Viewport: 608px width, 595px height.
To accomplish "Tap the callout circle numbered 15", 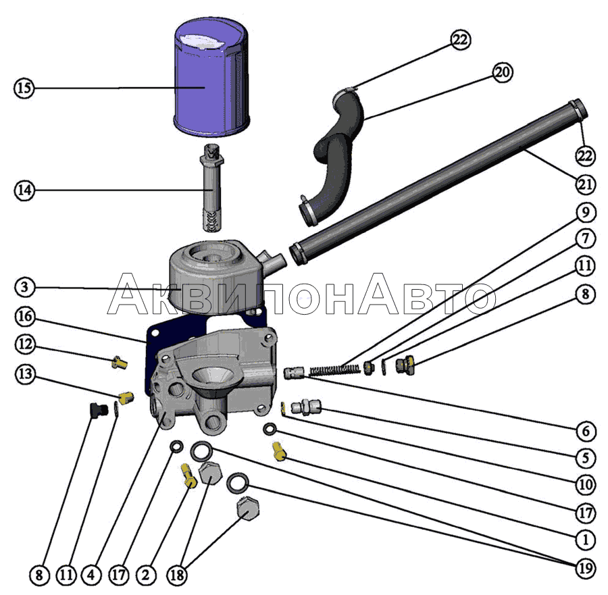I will coord(24,88).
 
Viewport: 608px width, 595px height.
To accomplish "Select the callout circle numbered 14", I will coord(24,191).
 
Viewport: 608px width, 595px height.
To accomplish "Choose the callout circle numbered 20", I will coord(502,73).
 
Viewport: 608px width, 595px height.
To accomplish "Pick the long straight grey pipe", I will coord(432,182).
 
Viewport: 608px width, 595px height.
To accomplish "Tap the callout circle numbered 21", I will coord(585,184).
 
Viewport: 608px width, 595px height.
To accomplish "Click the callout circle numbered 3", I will coord(24,287).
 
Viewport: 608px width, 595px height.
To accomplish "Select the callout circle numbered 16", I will coord(24,316).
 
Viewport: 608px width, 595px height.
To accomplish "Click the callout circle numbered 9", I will coord(585,213).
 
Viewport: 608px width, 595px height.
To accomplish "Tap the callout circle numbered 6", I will coord(585,431).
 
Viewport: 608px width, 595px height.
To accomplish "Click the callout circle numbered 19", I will coord(585,569).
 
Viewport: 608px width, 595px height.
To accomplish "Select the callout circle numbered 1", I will coord(585,540).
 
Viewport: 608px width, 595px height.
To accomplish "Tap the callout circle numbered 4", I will coord(91,576).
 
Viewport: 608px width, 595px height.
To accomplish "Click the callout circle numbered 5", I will coord(585,458).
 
